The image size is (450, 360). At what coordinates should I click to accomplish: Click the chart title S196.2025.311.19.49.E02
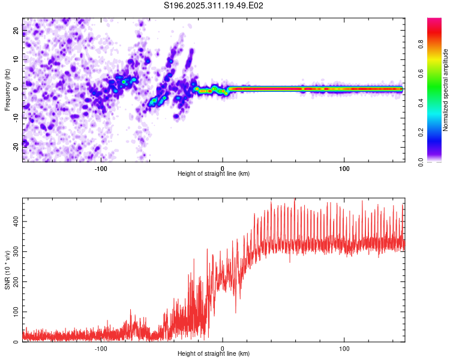click(214, 5)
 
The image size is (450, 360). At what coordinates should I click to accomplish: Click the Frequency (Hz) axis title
click(7, 89)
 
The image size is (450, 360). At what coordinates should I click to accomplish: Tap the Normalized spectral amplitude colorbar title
click(446, 90)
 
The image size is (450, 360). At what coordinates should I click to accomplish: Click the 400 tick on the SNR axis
click(14, 222)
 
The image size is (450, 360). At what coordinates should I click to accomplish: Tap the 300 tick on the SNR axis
click(14, 252)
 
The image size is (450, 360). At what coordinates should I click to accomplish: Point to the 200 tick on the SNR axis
click(14, 282)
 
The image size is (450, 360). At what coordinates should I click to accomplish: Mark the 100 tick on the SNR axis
click(14, 312)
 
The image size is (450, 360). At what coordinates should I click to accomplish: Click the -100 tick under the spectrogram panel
click(101, 168)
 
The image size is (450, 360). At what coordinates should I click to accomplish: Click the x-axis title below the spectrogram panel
click(214, 174)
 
